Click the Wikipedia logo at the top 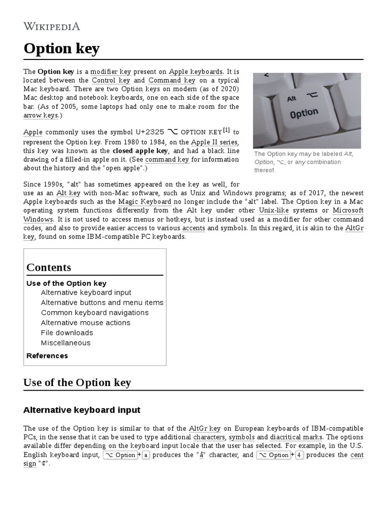coord(51,26)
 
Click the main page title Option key coord(61,49)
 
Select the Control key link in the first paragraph coord(111,80)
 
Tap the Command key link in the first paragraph coord(172,80)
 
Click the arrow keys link coord(40,115)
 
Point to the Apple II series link coord(214,142)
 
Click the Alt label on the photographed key coord(292,99)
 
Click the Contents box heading coord(49,268)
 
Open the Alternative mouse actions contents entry coord(86,322)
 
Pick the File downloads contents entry coord(67,333)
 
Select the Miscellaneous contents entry coord(66,343)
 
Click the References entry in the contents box coord(47,356)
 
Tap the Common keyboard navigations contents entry coord(95,312)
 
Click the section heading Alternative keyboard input coord(82,410)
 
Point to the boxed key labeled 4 coord(299,455)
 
